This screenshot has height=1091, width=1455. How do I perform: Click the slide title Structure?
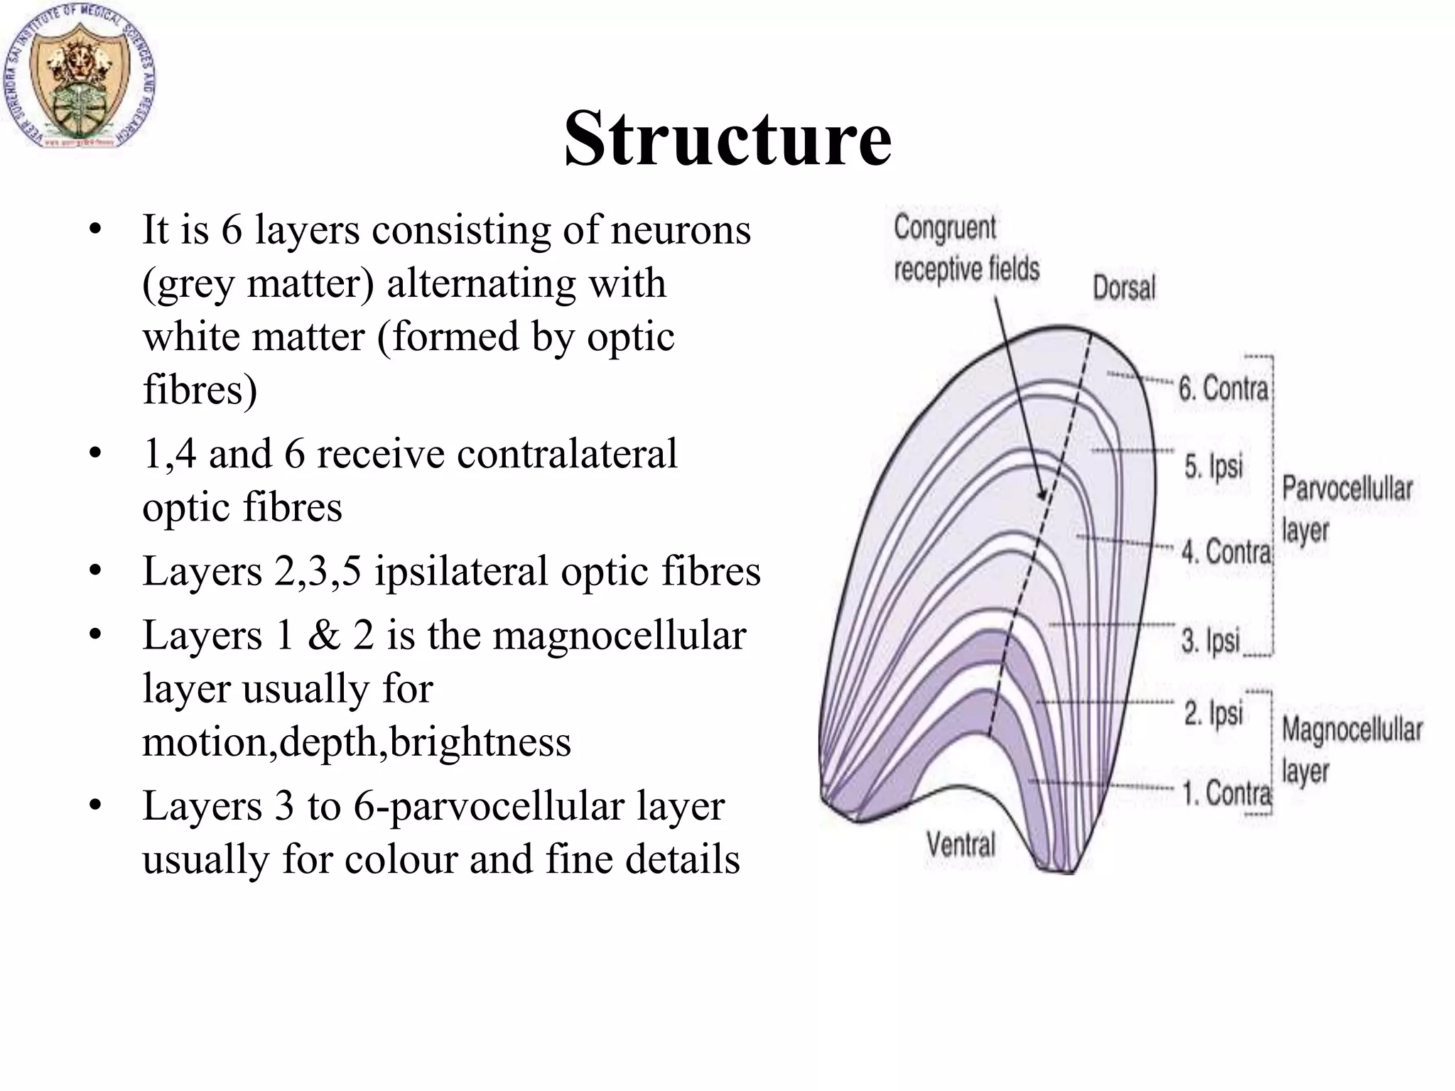point(727,139)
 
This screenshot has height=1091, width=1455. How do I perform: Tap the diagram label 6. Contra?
point(1222,389)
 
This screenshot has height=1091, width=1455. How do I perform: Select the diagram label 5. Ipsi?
point(1213,467)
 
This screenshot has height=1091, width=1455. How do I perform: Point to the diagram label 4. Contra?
point(1226,551)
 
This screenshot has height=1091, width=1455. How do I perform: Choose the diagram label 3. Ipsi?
point(1210,640)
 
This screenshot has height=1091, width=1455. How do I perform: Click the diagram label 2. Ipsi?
point(1213,713)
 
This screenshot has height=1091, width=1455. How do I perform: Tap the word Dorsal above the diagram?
point(1123,288)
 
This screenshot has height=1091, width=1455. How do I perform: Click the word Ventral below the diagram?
point(961,845)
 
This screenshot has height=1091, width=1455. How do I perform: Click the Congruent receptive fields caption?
point(966,249)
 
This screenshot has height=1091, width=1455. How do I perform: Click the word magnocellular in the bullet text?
point(619,635)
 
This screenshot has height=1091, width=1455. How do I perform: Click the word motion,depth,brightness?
point(357,742)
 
